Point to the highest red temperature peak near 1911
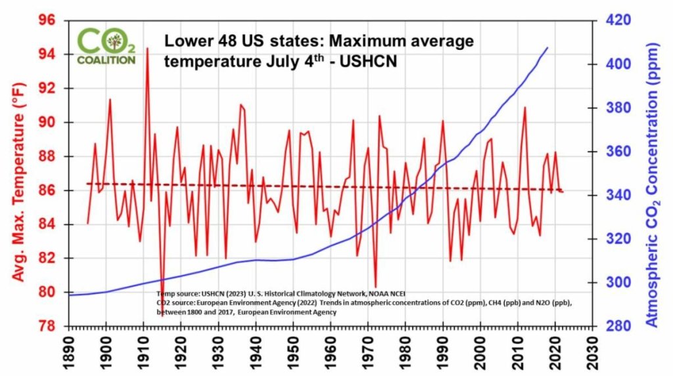[147, 48]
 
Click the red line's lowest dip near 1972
[375, 286]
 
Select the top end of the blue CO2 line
[548, 48]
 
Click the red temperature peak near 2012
[524, 108]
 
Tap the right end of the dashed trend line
[563, 191]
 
